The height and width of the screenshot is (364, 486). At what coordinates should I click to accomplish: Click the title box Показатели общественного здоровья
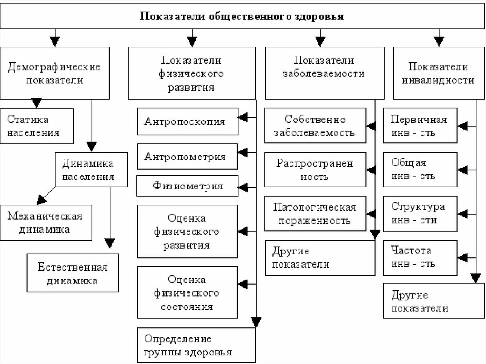(x=242, y=17)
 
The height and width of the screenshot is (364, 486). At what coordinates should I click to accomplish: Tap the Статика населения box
(x=37, y=126)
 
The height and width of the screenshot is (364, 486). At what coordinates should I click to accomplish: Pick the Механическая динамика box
(x=46, y=223)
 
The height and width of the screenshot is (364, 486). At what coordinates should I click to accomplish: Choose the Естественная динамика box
(x=73, y=273)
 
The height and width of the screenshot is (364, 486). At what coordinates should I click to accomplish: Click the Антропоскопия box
(x=187, y=121)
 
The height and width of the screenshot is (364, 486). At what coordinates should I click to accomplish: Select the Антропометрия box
(x=187, y=156)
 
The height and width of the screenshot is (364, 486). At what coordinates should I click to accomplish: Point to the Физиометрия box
(x=187, y=186)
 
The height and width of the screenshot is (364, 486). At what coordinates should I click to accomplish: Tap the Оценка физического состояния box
(x=187, y=293)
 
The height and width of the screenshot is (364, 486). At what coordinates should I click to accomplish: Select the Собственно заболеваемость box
(x=316, y=125)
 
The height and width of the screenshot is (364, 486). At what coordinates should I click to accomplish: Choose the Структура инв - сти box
(x=421, y=214)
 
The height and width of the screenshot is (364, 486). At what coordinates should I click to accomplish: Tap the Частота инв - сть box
(x=421, y=257)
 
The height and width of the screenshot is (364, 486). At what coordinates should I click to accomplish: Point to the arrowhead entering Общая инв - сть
(x=463, y=170)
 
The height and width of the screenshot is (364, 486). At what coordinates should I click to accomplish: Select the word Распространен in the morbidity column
(x=315, y=163)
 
